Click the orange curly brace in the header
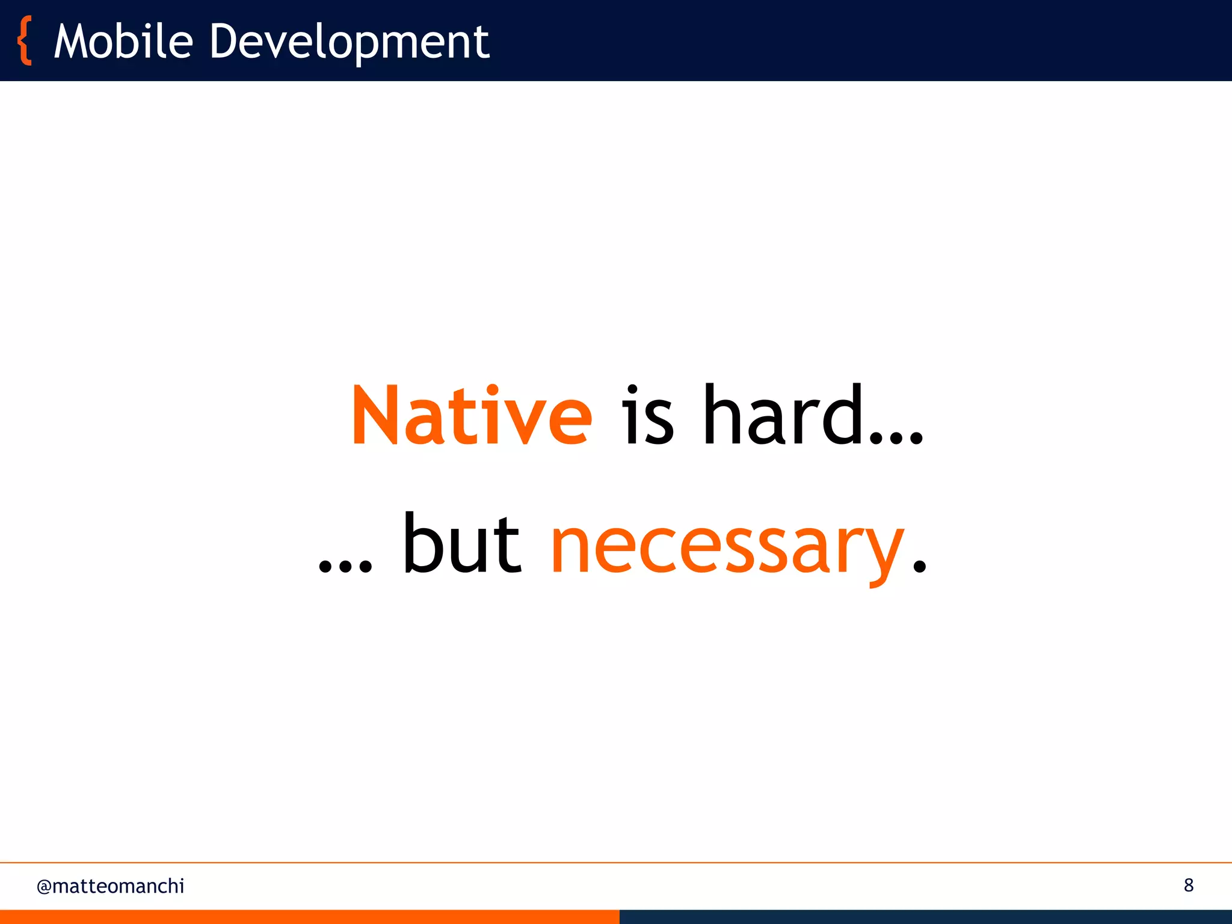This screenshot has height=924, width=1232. (25, 41)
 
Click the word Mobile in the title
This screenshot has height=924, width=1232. (123, 42)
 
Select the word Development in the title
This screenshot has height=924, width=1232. (349, 42)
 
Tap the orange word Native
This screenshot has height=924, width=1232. (472, 416)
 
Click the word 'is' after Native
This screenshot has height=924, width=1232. (647, 416)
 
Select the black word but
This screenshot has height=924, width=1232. (462, 544)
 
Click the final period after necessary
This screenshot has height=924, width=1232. (919, 565)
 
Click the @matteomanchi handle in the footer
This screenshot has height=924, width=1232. (110, 886)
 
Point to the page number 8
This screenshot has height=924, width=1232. (1188, 885)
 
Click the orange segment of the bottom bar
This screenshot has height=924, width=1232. (309, 917)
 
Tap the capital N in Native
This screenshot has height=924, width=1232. (376, 416)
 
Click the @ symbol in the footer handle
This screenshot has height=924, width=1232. (44, 887)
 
